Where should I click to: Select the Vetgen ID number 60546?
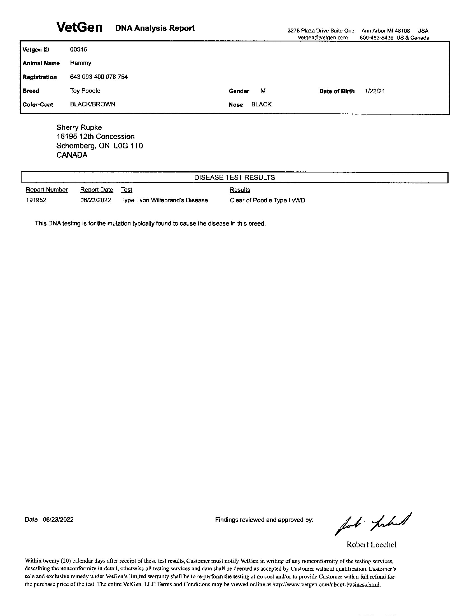pos(78,49)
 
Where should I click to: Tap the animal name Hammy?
pos(81,63)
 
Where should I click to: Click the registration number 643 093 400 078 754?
pos(99,77)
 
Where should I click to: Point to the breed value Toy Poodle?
pos(85,90)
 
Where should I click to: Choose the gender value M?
pos(263,91)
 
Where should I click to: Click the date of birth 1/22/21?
pos(374,91)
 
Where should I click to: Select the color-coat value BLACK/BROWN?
pos(92,104)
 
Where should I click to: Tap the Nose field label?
pos(236,105)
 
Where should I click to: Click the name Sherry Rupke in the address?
pos(79,127)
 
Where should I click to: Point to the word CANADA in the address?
pos(72,155)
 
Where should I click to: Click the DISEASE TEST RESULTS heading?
pos(235,178)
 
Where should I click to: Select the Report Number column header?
pos(47,190)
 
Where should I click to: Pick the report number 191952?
pos(36,200)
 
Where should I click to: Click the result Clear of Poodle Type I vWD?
pos(267,200)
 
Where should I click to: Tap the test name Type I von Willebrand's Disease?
pos(164,200)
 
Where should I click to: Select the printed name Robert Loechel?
pos(371,544)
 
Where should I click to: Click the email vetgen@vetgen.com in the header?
pos(323,38)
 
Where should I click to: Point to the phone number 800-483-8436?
pos(376,38)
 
